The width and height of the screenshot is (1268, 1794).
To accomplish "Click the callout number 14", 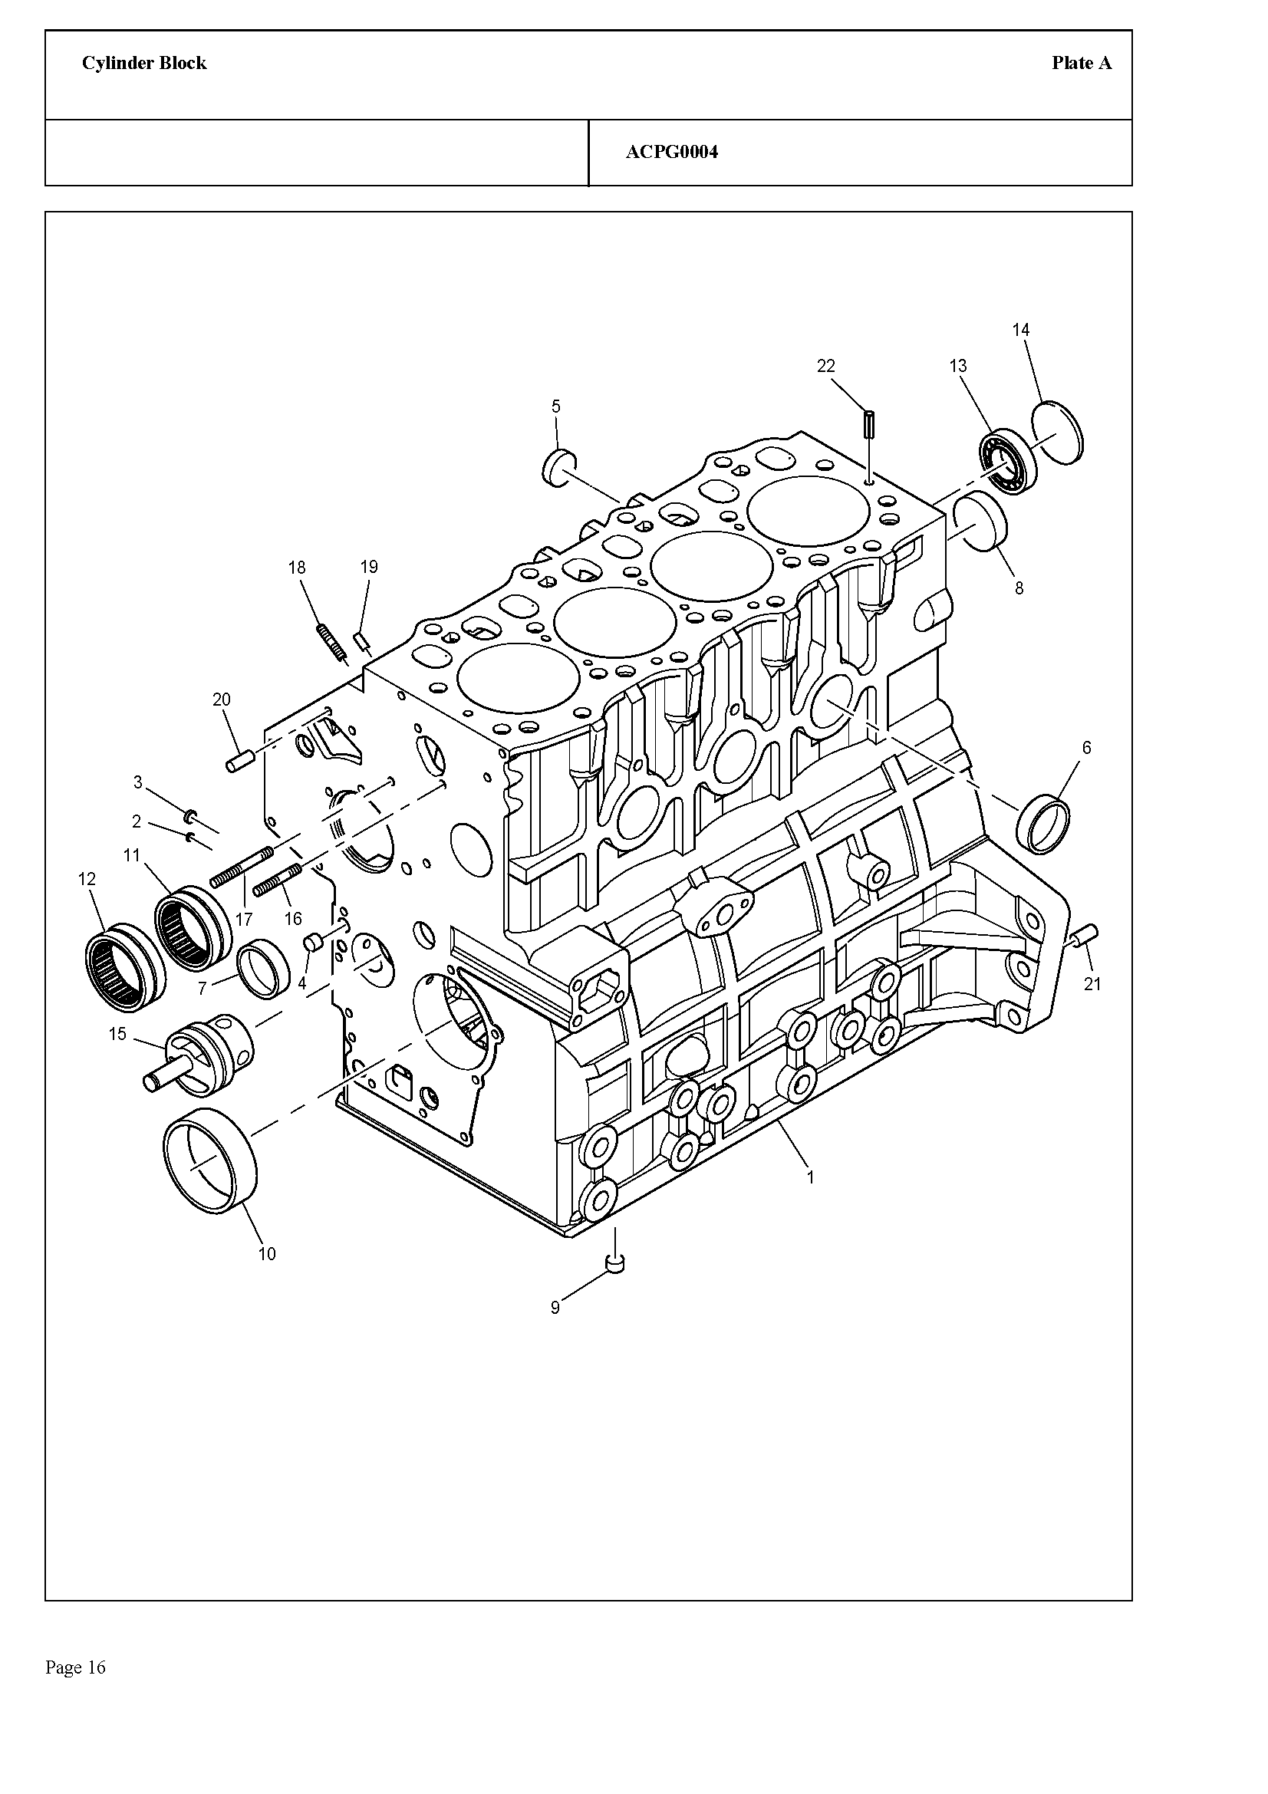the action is (1020, 330).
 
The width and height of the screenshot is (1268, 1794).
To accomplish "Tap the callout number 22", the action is (826, 366).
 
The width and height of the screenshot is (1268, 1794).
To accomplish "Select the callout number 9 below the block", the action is (555, 1308).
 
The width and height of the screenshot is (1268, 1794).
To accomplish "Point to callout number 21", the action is (1092, 985).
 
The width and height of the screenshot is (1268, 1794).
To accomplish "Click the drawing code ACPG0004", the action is (672, 153).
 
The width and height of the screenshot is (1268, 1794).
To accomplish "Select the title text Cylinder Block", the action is (144, 64).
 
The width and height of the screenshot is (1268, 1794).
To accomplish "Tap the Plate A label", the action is (1082, 64).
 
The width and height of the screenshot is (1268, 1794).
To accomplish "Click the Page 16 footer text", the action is (76, 1667).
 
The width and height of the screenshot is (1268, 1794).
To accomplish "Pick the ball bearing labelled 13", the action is (1008, 460).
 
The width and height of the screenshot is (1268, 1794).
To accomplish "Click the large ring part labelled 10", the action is (210, 1161).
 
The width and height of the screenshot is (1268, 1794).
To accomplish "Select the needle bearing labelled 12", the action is (124, 966).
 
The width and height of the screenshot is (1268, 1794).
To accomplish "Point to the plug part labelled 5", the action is (559, 467).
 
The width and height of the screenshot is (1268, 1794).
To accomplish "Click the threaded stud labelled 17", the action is (242, 867).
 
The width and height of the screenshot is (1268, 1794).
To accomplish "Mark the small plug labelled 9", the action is (616, 1262).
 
